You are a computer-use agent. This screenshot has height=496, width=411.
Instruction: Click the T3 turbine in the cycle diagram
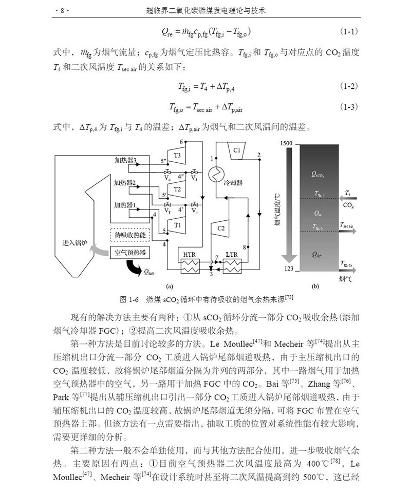177,155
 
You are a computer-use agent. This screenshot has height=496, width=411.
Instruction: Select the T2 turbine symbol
177,189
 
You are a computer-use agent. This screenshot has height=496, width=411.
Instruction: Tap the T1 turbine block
177,224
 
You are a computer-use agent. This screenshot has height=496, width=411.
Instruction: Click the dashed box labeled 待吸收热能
129,236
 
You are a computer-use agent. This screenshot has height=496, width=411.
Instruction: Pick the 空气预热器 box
129,253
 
